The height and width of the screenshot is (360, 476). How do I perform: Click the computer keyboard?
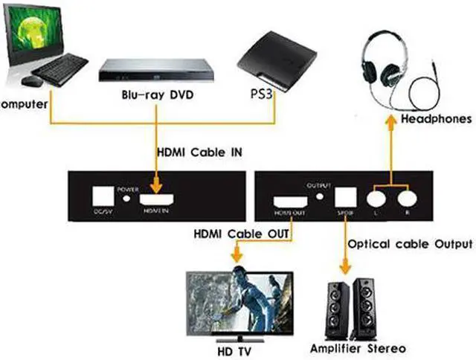(x=59, y=71)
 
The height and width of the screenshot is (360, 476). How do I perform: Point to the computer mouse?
(x=30, y=80)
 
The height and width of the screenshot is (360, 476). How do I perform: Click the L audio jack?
(x=376, y=199)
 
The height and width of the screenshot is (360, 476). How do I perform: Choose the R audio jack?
(x=406, y=199)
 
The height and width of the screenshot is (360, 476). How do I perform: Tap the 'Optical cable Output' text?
(x=410, y=244)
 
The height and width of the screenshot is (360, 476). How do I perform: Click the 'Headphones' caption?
(x=436, y=118)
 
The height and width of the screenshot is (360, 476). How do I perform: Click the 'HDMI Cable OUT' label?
(x=237, y=234)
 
